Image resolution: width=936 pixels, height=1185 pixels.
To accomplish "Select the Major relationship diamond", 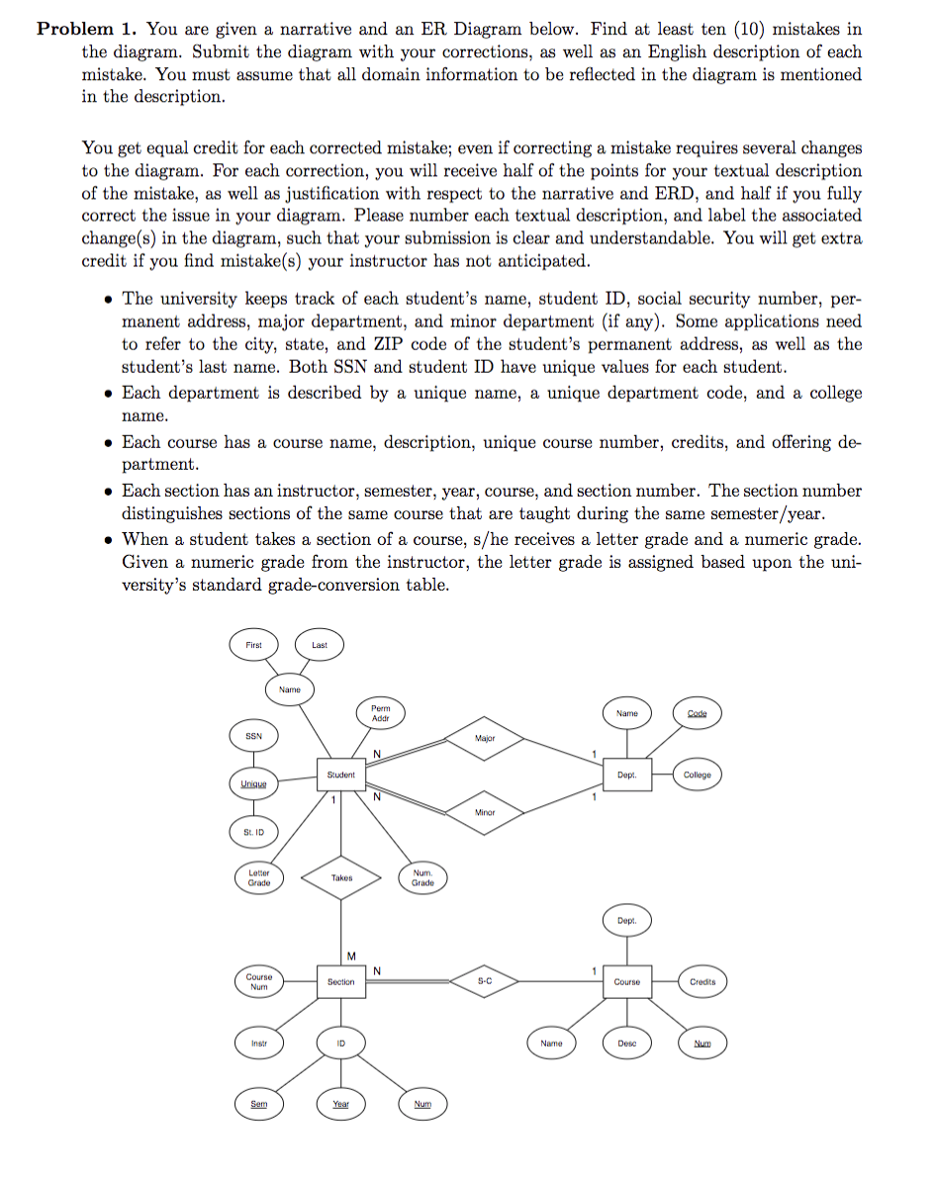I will click(485, 739).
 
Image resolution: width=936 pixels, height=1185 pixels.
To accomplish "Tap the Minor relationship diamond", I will click(485, 811).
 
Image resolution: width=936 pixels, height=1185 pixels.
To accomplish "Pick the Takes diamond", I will click(340, 877).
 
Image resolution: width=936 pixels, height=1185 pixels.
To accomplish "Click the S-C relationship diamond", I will click(485, 981).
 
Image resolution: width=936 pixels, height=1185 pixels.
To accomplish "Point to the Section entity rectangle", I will click(340, 981).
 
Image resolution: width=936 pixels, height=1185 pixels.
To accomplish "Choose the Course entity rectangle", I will click(626, 981).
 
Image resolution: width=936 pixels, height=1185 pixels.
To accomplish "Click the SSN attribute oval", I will click(254, 737).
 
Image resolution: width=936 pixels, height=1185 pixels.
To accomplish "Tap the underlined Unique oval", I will click(254, 784).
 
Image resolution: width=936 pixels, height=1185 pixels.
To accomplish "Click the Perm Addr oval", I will click(381, 713).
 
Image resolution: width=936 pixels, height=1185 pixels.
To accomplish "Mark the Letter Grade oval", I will click(259, 877).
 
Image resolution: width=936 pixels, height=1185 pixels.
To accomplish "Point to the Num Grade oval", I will click(422, 877).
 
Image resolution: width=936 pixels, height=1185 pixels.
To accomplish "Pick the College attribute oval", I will click(697, 775).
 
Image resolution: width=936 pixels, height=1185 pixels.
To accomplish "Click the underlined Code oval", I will click(697, 713).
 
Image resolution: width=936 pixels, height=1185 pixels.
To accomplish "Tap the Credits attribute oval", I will click(702, 981).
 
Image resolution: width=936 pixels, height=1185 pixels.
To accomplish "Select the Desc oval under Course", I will click(626, 1043).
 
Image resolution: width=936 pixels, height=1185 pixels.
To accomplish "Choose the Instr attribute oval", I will click(259, 1043).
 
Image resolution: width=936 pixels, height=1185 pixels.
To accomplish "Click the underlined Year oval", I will click(340, 1104).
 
